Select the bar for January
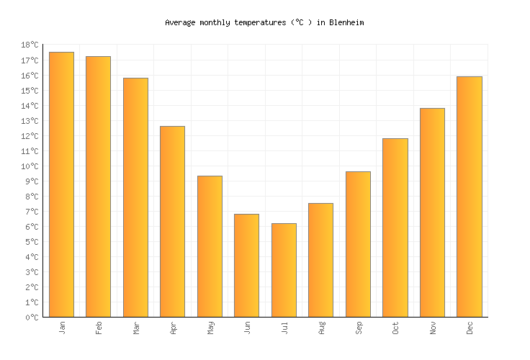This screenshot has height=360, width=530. coord(61,184)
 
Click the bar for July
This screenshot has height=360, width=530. coord(284,270)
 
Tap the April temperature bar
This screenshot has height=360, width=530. coord(172,222)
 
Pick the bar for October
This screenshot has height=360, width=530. coord(395,228)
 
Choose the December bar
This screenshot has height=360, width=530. coord(469,197)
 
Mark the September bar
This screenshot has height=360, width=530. coord(358,244)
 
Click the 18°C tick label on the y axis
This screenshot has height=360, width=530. coord(30,45)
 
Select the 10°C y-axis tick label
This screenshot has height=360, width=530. coord(30,166)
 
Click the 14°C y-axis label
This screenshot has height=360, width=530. coord(30,106)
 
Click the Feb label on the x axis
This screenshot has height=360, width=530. coord(99,328)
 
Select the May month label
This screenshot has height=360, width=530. coord(210,328)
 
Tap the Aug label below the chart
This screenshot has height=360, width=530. coord(321,328)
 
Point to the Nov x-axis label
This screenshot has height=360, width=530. coord(432,328)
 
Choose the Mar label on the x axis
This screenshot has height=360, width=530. coord(135,328)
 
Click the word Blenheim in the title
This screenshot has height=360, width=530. coord(346,22)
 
